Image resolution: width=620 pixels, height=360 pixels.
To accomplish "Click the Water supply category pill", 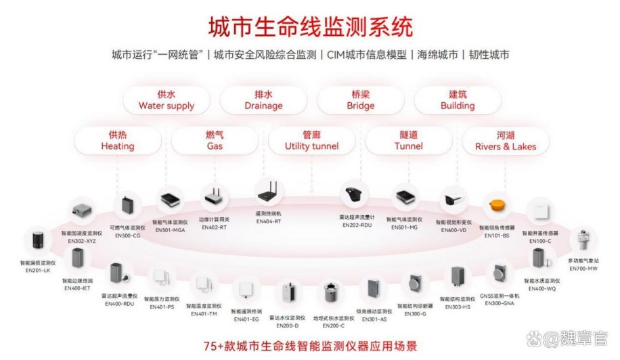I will (166, 100).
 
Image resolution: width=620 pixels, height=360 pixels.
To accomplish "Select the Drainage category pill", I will (263, 100).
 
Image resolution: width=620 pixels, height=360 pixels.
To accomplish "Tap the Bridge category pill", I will (360, 100).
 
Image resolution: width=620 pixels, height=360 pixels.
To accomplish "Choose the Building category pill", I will (458, 100).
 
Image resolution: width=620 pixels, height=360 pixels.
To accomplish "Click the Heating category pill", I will (118, 141).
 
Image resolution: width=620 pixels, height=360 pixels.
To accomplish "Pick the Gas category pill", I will (215, 141).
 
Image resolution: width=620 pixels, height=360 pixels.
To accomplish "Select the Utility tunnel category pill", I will (311, 141).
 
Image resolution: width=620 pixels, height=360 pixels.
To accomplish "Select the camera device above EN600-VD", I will (451, 202).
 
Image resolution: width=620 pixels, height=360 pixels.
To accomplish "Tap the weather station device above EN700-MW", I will (583, 240).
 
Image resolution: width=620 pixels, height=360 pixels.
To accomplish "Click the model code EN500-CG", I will (127, 235).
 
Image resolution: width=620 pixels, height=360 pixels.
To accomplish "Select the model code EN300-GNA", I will (500, 304).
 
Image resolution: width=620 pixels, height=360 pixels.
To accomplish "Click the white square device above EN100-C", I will (541, 210).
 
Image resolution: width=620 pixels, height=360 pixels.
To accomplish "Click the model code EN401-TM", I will (204, 314).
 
